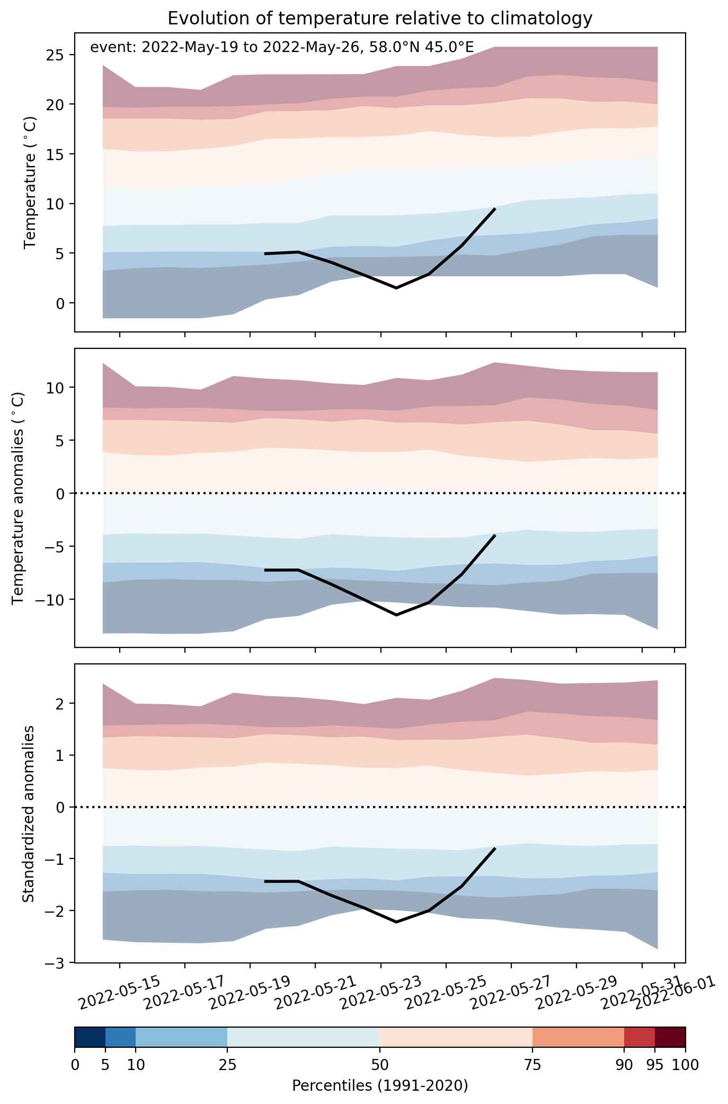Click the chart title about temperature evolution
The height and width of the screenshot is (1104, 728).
tap(379, 19)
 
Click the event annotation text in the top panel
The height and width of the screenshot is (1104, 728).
tap(282, 48)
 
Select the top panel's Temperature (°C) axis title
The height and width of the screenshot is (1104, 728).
tap(30, 182)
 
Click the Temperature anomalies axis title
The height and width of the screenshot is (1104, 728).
tap(19, 498)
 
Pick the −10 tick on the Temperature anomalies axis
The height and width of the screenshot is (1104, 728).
tap(50, 600)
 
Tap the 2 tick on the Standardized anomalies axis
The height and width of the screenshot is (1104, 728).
tap(61, 704)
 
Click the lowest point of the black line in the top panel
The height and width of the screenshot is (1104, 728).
tap(396, 288)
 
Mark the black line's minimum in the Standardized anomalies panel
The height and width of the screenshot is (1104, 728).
tap(396, 922)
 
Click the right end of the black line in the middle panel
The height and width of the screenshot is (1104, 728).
tap(495, 535)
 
